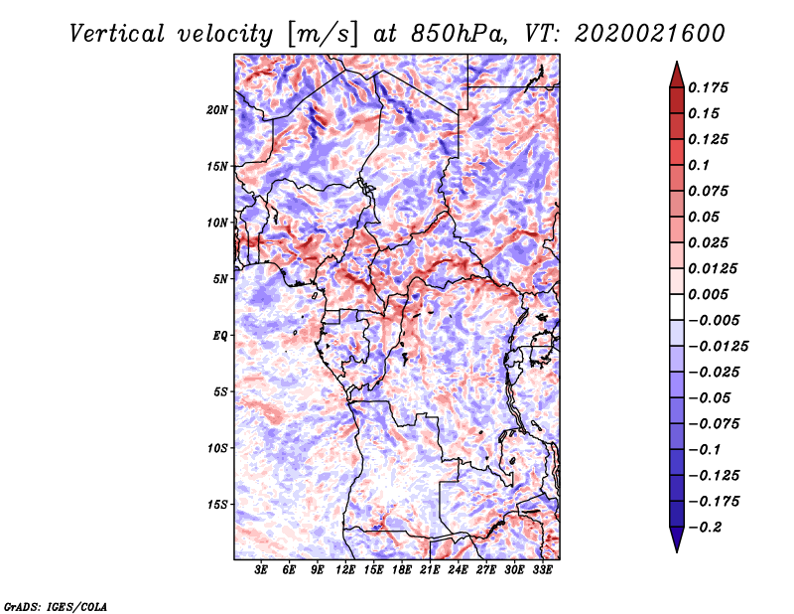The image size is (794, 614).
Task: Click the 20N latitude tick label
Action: tap(217, 110)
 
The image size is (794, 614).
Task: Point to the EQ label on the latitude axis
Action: tap(220, 336)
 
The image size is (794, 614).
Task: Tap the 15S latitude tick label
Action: tap(217, 505)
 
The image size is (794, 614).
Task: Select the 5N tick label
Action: tap(220, 279)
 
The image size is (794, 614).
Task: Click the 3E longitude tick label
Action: tap(261, 570)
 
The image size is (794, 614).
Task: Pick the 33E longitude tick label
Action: tap(542, 570)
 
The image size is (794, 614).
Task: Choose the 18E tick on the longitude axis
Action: tap(402, 570)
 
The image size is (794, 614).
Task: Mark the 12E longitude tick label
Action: tap(345, 570)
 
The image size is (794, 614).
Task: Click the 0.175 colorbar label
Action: tap(708, 87)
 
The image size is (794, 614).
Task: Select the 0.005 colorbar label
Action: tap(708, 294)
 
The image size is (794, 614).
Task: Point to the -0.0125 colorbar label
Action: tap(718, 347)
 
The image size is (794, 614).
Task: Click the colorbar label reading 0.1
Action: tap(699, 165)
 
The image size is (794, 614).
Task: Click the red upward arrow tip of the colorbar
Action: tap(677, 62)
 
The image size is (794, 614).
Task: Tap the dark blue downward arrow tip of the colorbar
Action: tap(677, 551)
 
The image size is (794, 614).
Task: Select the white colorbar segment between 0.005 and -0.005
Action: tap(677, 307)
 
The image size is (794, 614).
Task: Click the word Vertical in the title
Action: tap(117, 34)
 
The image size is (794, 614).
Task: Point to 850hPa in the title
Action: tap(459, 34)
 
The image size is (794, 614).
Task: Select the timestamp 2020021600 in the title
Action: tap(650, 34)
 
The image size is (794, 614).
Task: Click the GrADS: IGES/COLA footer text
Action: tap(56, 606)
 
